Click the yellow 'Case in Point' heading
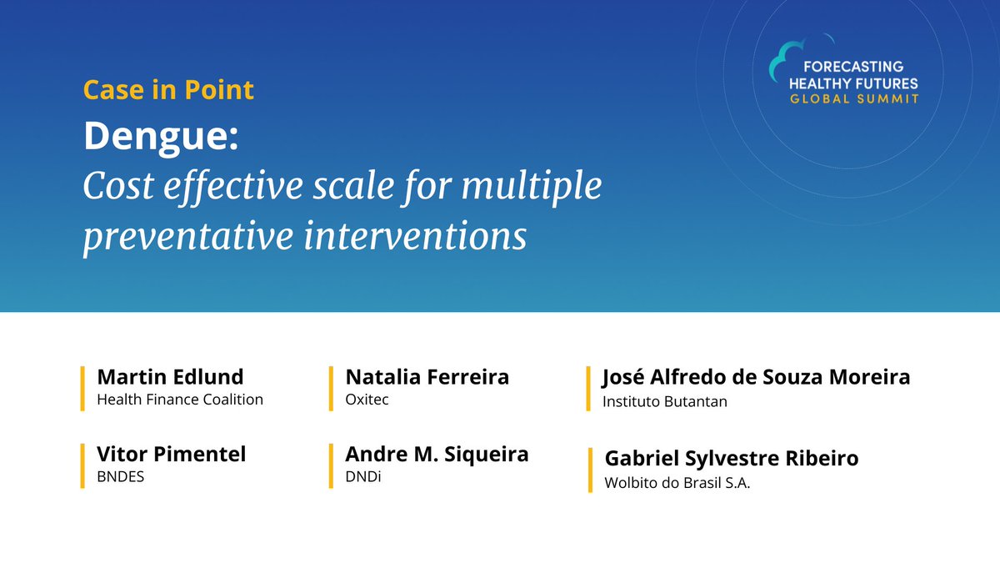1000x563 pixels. (168, 89)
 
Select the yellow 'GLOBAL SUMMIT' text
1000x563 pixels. (854, 98)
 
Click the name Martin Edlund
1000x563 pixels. (170, 376)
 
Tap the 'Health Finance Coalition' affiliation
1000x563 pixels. (180, 400)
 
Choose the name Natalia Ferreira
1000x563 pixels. (427, 376)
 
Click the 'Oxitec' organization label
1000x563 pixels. (367, 400)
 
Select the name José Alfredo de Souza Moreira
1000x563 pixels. (756, 377)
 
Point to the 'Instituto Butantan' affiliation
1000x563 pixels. (665, 401)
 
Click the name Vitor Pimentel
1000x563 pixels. (172, 455)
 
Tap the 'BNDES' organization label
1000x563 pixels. (121, 478)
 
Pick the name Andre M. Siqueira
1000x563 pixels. (437, 455)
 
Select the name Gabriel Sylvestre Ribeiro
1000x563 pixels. (731, 459)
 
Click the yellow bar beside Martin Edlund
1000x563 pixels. (82, 388)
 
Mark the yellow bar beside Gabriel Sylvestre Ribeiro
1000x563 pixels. (590, 470)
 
